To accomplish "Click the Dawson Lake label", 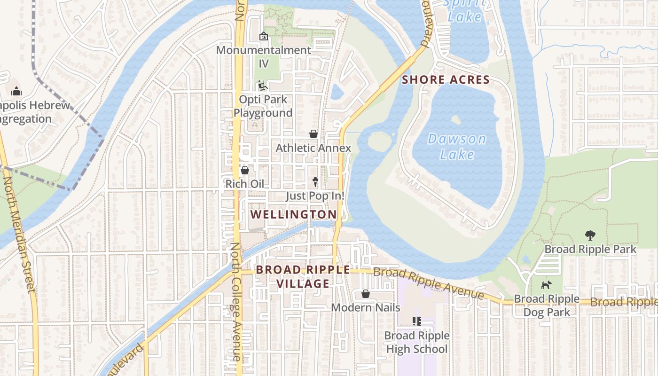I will click(457, 146).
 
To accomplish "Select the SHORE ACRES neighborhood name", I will click(446, 80).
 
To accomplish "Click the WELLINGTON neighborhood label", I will click(293, 215).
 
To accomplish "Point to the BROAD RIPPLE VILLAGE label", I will click(303, 276).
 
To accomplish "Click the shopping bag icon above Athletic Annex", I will click(313, 134).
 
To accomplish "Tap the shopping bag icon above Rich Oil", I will click(244, 170).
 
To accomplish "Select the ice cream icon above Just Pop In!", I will click(315, 182).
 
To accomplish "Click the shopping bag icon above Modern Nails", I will click(366, 294).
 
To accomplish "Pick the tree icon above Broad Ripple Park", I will click(590, 235).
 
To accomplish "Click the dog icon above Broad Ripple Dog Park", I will click(546, 285).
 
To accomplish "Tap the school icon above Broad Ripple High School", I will click(416, 321).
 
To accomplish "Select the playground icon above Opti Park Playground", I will click(263, 86).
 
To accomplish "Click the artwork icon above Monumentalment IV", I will click(264, 36).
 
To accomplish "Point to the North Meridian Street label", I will click(20, 235).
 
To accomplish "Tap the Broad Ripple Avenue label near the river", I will click(428, 283).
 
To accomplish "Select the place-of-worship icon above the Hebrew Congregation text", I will click(16, 91).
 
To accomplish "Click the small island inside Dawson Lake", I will click(455, 119).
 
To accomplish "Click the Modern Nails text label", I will click(366, 307).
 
